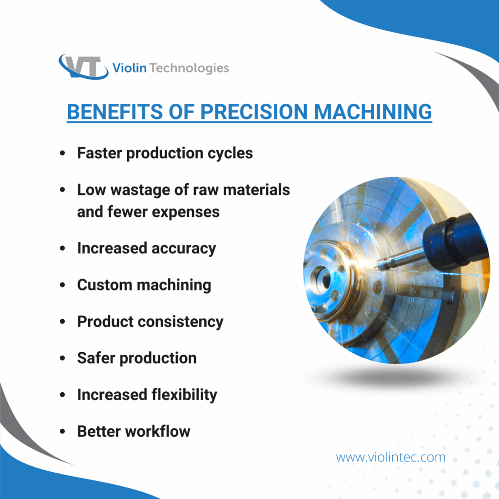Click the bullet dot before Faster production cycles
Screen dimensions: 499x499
(x=62, y=154)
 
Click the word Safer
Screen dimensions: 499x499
(x=96, y=358)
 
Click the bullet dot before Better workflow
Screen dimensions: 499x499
(x=62, y=432)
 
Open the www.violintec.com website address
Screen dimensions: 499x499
(x=390, y=458)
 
